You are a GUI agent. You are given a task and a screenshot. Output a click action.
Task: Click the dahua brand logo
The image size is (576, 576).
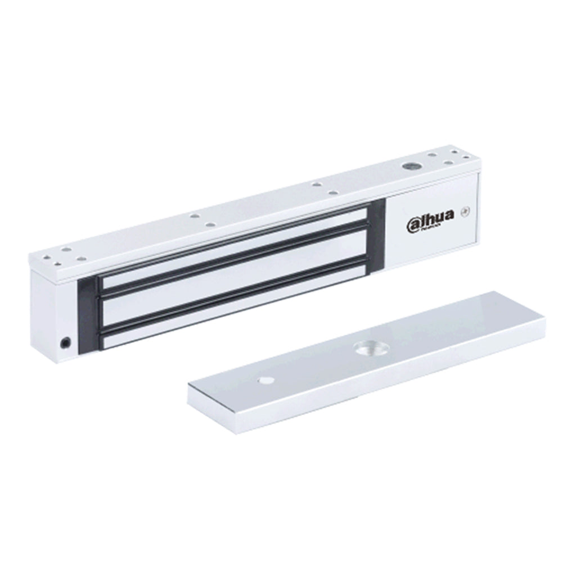pos(430,224)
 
